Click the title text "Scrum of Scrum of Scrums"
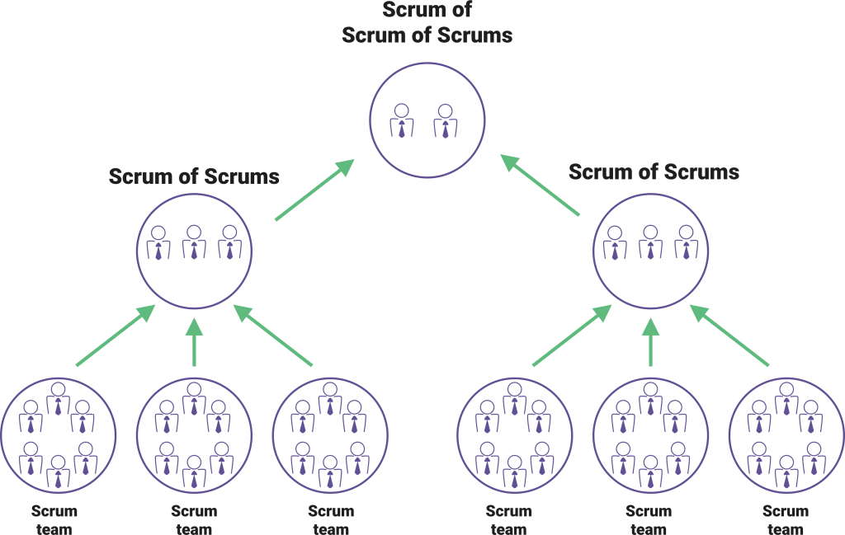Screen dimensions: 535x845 (427, 23)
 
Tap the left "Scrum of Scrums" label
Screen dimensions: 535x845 (194, 176)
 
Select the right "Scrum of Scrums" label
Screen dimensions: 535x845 (654, 172)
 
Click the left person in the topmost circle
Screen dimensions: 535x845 (402, 120)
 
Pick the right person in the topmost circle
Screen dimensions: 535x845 (445, 120)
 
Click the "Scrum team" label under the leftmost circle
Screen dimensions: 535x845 (54, 519)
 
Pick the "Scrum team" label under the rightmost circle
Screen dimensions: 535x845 (786, 519)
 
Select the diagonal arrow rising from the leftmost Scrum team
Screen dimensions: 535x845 (115, 336)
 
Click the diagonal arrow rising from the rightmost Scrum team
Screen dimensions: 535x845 (729, 336)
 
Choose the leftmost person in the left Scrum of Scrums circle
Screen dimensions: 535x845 (158, 244)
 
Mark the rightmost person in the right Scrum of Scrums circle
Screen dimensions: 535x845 (686, 244)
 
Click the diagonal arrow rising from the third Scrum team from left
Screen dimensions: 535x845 (273, 336)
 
